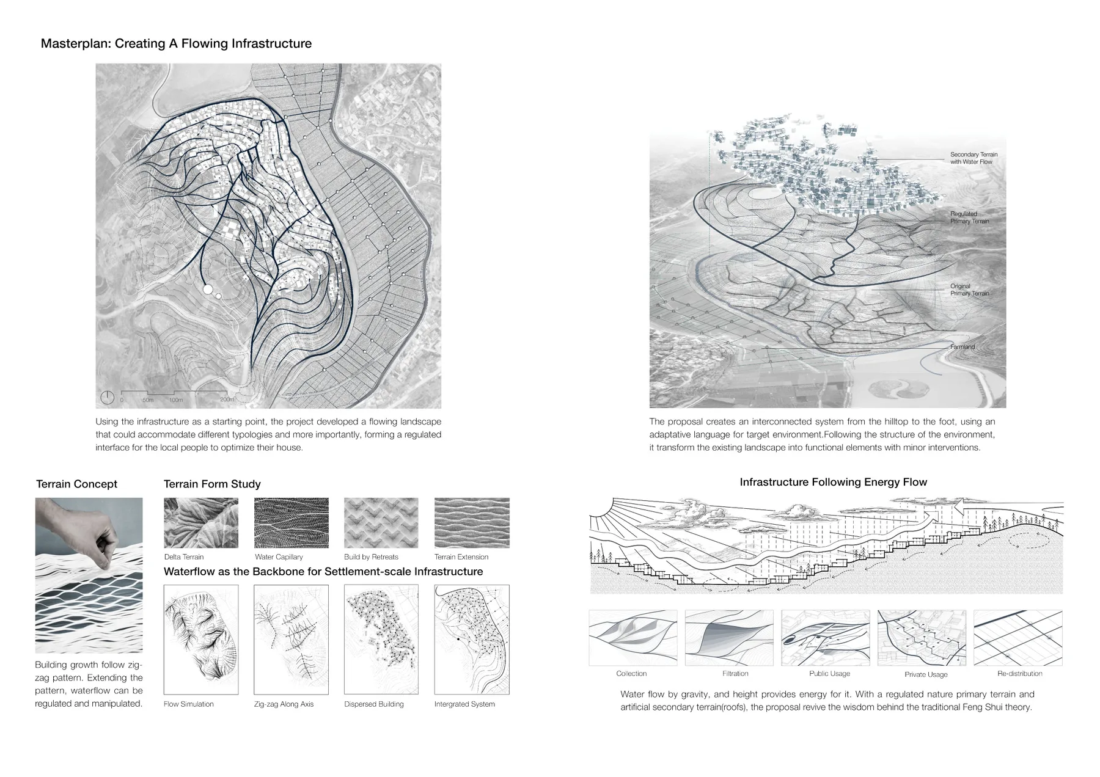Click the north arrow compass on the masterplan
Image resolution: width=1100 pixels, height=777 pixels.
coord(107,398)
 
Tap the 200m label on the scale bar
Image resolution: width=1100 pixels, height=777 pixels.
coord(227,400)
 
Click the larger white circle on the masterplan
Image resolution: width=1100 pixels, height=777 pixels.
coord(207,289)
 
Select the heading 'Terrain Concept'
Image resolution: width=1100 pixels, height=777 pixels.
coord(76,484)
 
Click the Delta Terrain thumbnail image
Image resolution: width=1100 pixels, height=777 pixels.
coord(201,523)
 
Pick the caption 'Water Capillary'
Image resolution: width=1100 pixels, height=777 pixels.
coord(279,557)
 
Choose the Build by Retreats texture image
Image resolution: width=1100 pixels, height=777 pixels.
coord(381,523)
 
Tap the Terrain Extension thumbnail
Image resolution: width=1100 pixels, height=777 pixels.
coord(472,523)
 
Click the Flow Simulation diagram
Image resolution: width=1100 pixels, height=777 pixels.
coord(201,640)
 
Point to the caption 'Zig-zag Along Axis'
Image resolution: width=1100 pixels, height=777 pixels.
coord(284,704)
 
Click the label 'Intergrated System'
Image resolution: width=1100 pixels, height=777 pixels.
coord(464,704)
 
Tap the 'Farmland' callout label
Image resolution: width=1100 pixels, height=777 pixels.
coord(963,347)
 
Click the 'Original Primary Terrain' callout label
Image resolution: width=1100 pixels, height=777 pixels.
coord(969,290)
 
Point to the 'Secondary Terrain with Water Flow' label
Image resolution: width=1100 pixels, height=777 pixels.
coord(974,158)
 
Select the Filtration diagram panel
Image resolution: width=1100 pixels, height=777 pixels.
coord(729,638)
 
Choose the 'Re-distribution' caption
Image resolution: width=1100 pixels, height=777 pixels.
coord(1019,674)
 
